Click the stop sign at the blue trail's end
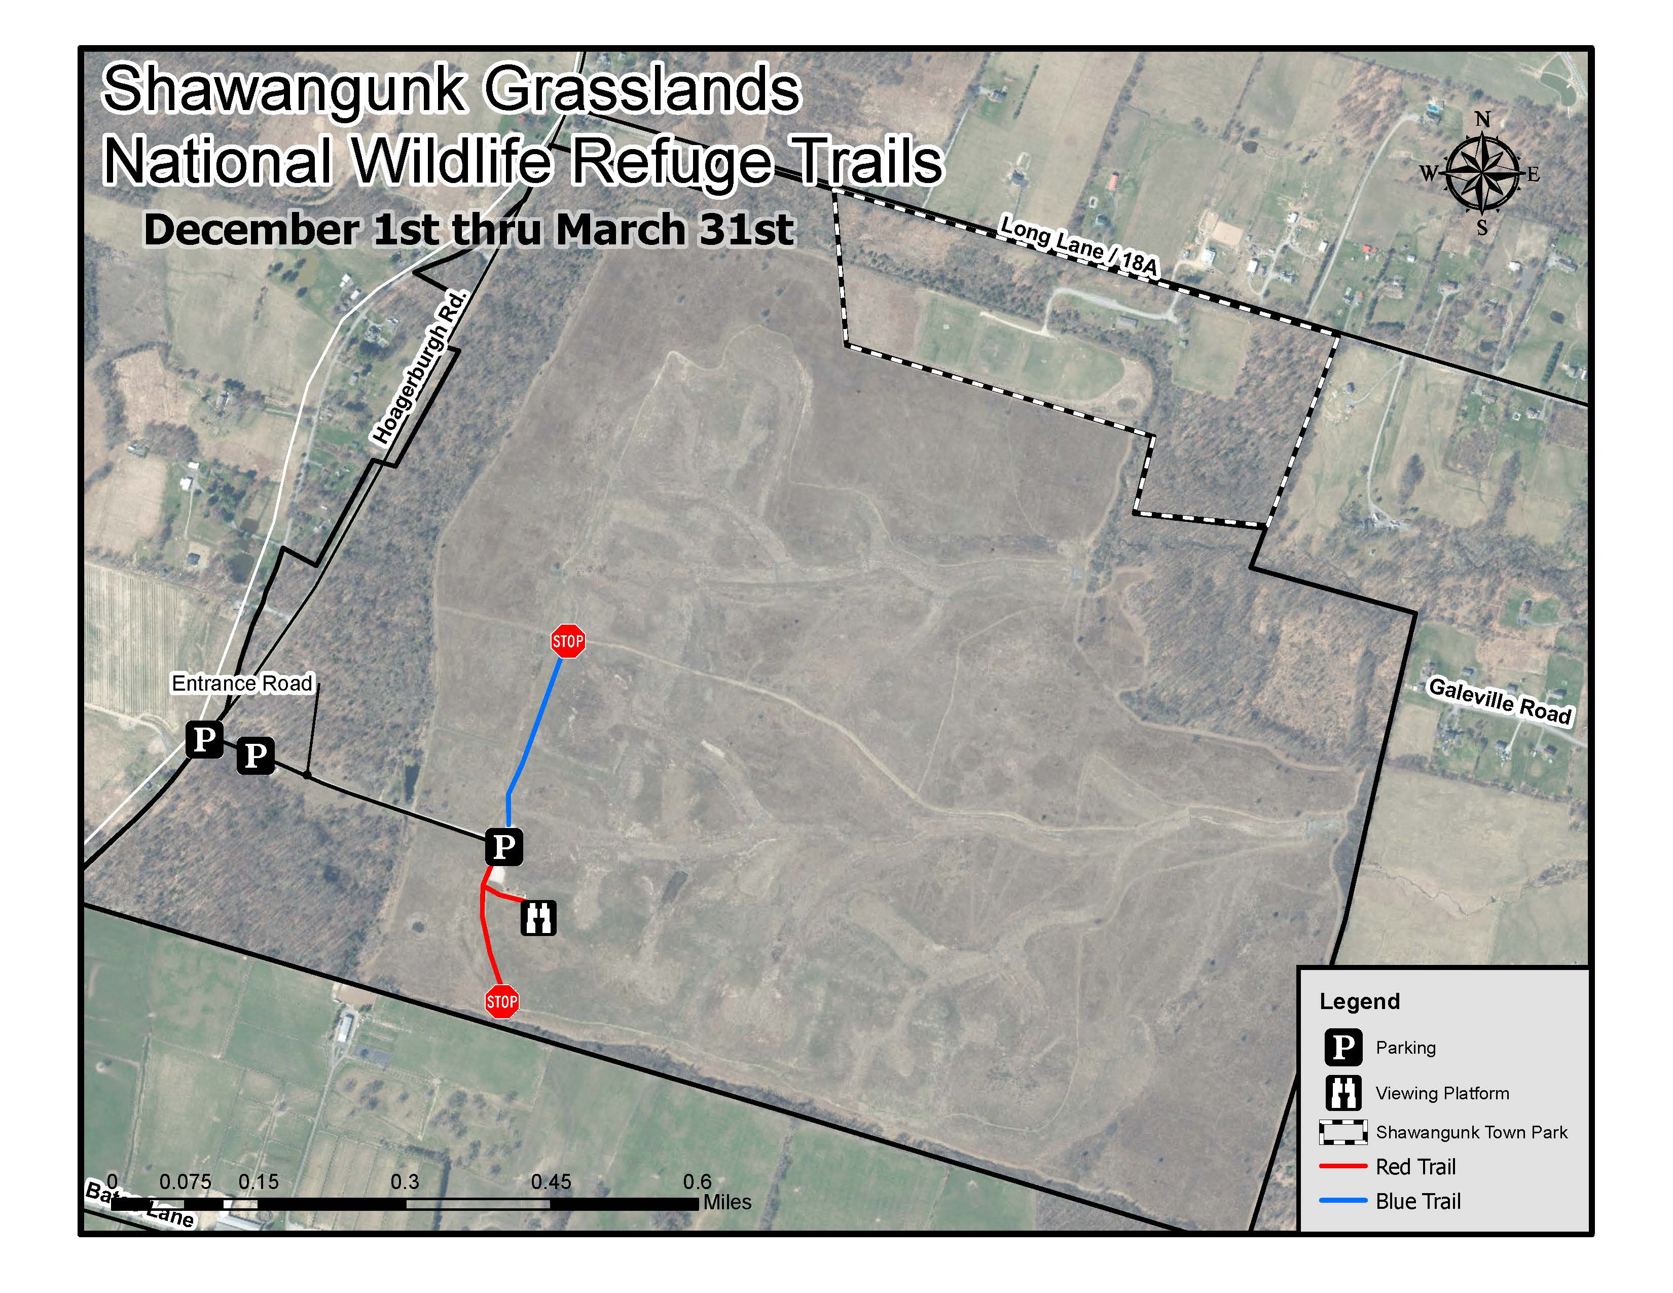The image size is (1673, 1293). (x=568, y=640)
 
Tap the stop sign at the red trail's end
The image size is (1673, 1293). (x=502, y=1001)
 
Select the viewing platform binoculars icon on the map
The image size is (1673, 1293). (x=538, y=917)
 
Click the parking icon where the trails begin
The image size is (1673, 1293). (x=503, y=846)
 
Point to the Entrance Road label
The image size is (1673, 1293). (x=242, y=684)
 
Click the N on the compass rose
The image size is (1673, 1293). (x=1482, y=120)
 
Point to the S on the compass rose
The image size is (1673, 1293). (x=1481, y=228)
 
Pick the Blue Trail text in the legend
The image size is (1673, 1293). (x=1418, y=1201)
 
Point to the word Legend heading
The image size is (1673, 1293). (x=1359, y=1001)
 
